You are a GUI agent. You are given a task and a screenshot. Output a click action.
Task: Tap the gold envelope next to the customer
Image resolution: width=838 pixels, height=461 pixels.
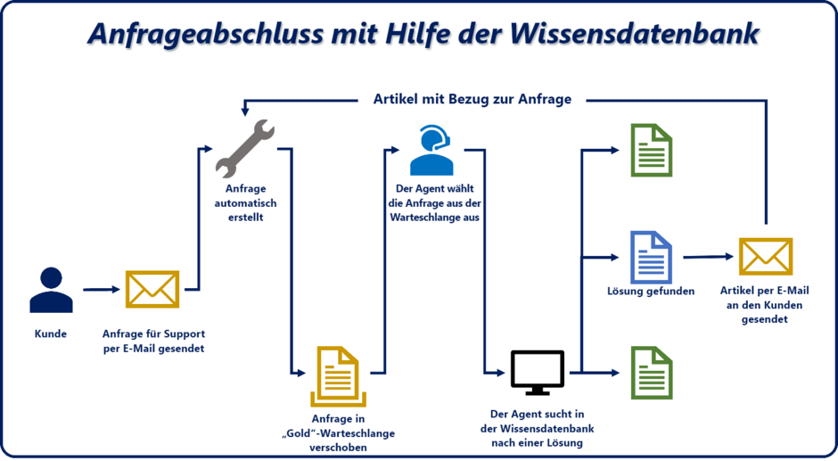click(x=152, y=289)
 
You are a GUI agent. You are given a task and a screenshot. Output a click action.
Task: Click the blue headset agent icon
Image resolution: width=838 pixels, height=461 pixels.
click(x=432, y=150)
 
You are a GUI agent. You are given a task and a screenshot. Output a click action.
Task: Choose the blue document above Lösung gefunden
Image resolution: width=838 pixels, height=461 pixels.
click(x=651, y=257)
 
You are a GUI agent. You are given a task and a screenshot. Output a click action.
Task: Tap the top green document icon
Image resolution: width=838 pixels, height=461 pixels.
click(x=651, y=150)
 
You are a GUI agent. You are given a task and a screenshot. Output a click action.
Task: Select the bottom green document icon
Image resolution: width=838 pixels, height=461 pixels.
click(x=651, y=373)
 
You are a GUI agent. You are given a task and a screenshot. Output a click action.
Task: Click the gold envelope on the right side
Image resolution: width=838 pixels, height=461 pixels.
click(x=765, y=257)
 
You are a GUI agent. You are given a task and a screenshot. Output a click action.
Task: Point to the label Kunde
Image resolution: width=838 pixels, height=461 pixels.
click(x=51, y=333)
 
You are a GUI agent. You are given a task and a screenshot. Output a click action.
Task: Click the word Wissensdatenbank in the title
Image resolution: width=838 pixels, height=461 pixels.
click(x=635, y=34)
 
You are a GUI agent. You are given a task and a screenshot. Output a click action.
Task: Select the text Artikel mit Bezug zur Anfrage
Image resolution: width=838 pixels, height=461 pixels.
click(x=472, y=99)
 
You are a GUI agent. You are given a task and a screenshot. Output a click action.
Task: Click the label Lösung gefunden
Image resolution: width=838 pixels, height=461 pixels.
click(x=651, y=292)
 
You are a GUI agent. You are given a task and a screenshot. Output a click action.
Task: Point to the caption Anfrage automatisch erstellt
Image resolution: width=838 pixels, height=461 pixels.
click(x=245, y=203)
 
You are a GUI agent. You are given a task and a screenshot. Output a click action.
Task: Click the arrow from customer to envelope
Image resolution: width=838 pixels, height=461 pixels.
click(x=101, y=289)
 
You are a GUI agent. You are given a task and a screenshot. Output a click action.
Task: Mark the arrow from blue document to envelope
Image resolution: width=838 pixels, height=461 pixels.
click(x=709, y=257)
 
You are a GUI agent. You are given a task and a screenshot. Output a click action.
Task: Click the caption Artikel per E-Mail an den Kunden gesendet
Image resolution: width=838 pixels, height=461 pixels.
click(x=765, y=305)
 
